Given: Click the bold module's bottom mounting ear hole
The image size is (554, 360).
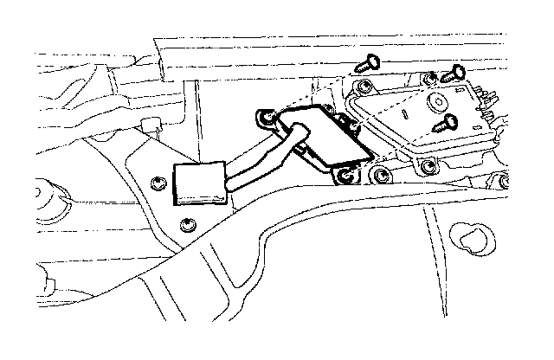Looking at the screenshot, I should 347,177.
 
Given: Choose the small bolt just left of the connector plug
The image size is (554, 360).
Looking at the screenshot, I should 157,183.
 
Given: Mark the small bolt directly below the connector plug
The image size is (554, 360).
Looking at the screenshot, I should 188,227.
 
